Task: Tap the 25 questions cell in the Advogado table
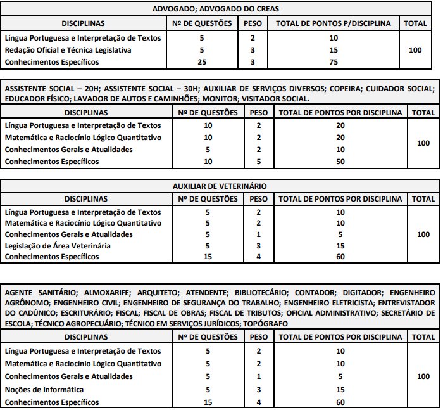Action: click(x=201, y=61)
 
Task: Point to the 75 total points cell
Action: click(x=334, y=61)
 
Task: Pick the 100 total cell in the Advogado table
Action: click(x=415, y=49)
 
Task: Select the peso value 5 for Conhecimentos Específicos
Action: click(x=258, y=162)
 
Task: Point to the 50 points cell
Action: click(x=340, y=162)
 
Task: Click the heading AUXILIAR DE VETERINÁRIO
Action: click(x=220, y=186)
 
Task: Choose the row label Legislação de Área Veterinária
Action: click(x=58, y=245)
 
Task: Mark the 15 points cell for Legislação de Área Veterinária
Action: click(x=340, y=245)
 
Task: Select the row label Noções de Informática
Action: click(x=44, y=389)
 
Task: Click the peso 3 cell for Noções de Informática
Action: click(x=258, y=389)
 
